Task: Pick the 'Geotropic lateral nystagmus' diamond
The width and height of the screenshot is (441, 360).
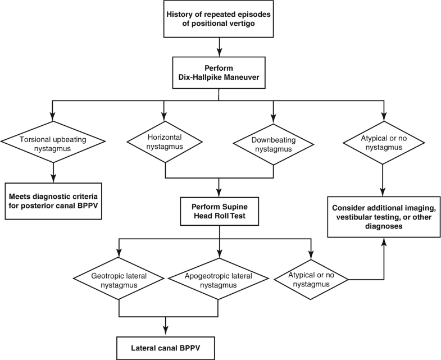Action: click(x=119, y=280)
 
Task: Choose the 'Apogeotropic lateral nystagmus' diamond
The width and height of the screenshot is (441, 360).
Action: click(x=218, y=280)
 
